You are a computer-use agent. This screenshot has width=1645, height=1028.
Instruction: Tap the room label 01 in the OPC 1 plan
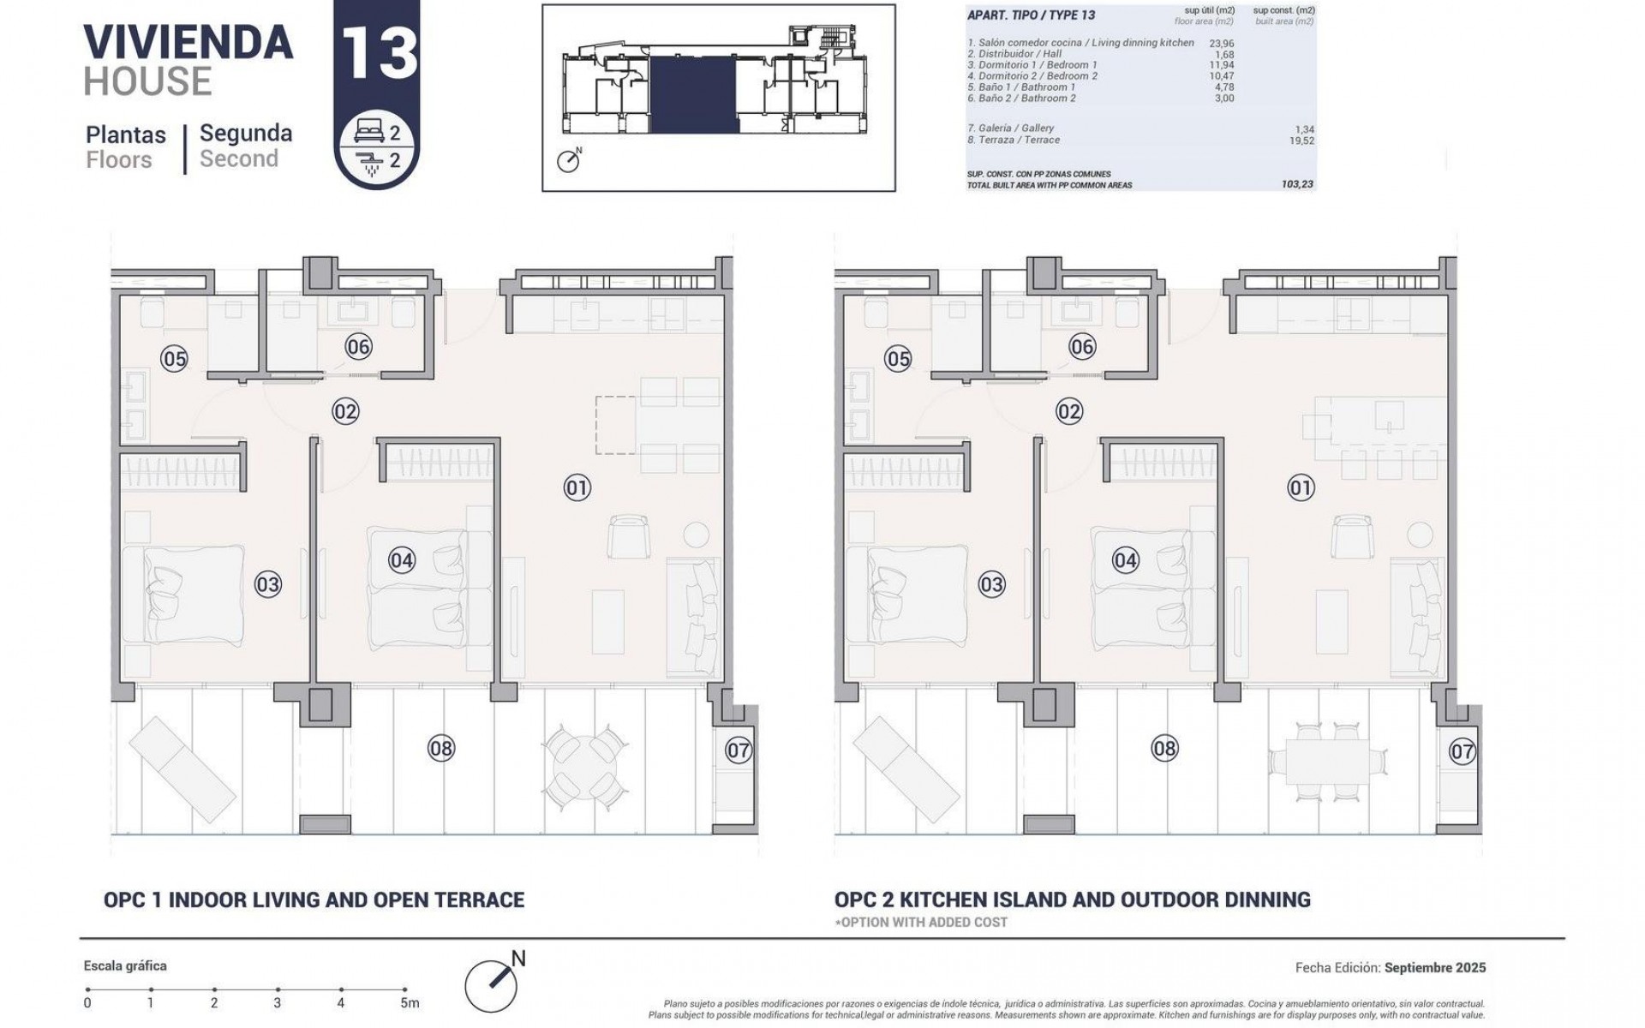577,488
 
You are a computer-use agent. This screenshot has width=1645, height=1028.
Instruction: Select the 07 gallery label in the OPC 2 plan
1462,752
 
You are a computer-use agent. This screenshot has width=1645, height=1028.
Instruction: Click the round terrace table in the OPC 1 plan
585,768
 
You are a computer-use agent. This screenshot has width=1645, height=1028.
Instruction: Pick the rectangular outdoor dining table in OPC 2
1327,761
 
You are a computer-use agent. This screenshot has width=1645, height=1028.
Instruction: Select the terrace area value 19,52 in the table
1301,140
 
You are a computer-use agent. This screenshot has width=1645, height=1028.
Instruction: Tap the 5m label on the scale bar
410,1003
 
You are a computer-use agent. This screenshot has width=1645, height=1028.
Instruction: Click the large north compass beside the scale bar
492,985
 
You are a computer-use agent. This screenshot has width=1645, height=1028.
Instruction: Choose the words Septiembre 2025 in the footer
1435,968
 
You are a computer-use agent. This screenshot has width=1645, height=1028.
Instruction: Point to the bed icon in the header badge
368,133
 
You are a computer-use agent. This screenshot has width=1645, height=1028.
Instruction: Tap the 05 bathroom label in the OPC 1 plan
174,359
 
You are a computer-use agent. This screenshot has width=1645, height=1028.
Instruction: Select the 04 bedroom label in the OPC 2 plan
1125,561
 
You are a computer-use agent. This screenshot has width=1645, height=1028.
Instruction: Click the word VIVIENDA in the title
188,43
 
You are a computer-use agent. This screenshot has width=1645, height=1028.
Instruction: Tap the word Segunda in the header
246,134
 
